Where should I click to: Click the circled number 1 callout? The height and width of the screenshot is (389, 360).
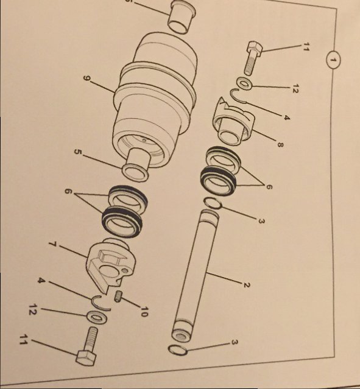click(x=333, y=60)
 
